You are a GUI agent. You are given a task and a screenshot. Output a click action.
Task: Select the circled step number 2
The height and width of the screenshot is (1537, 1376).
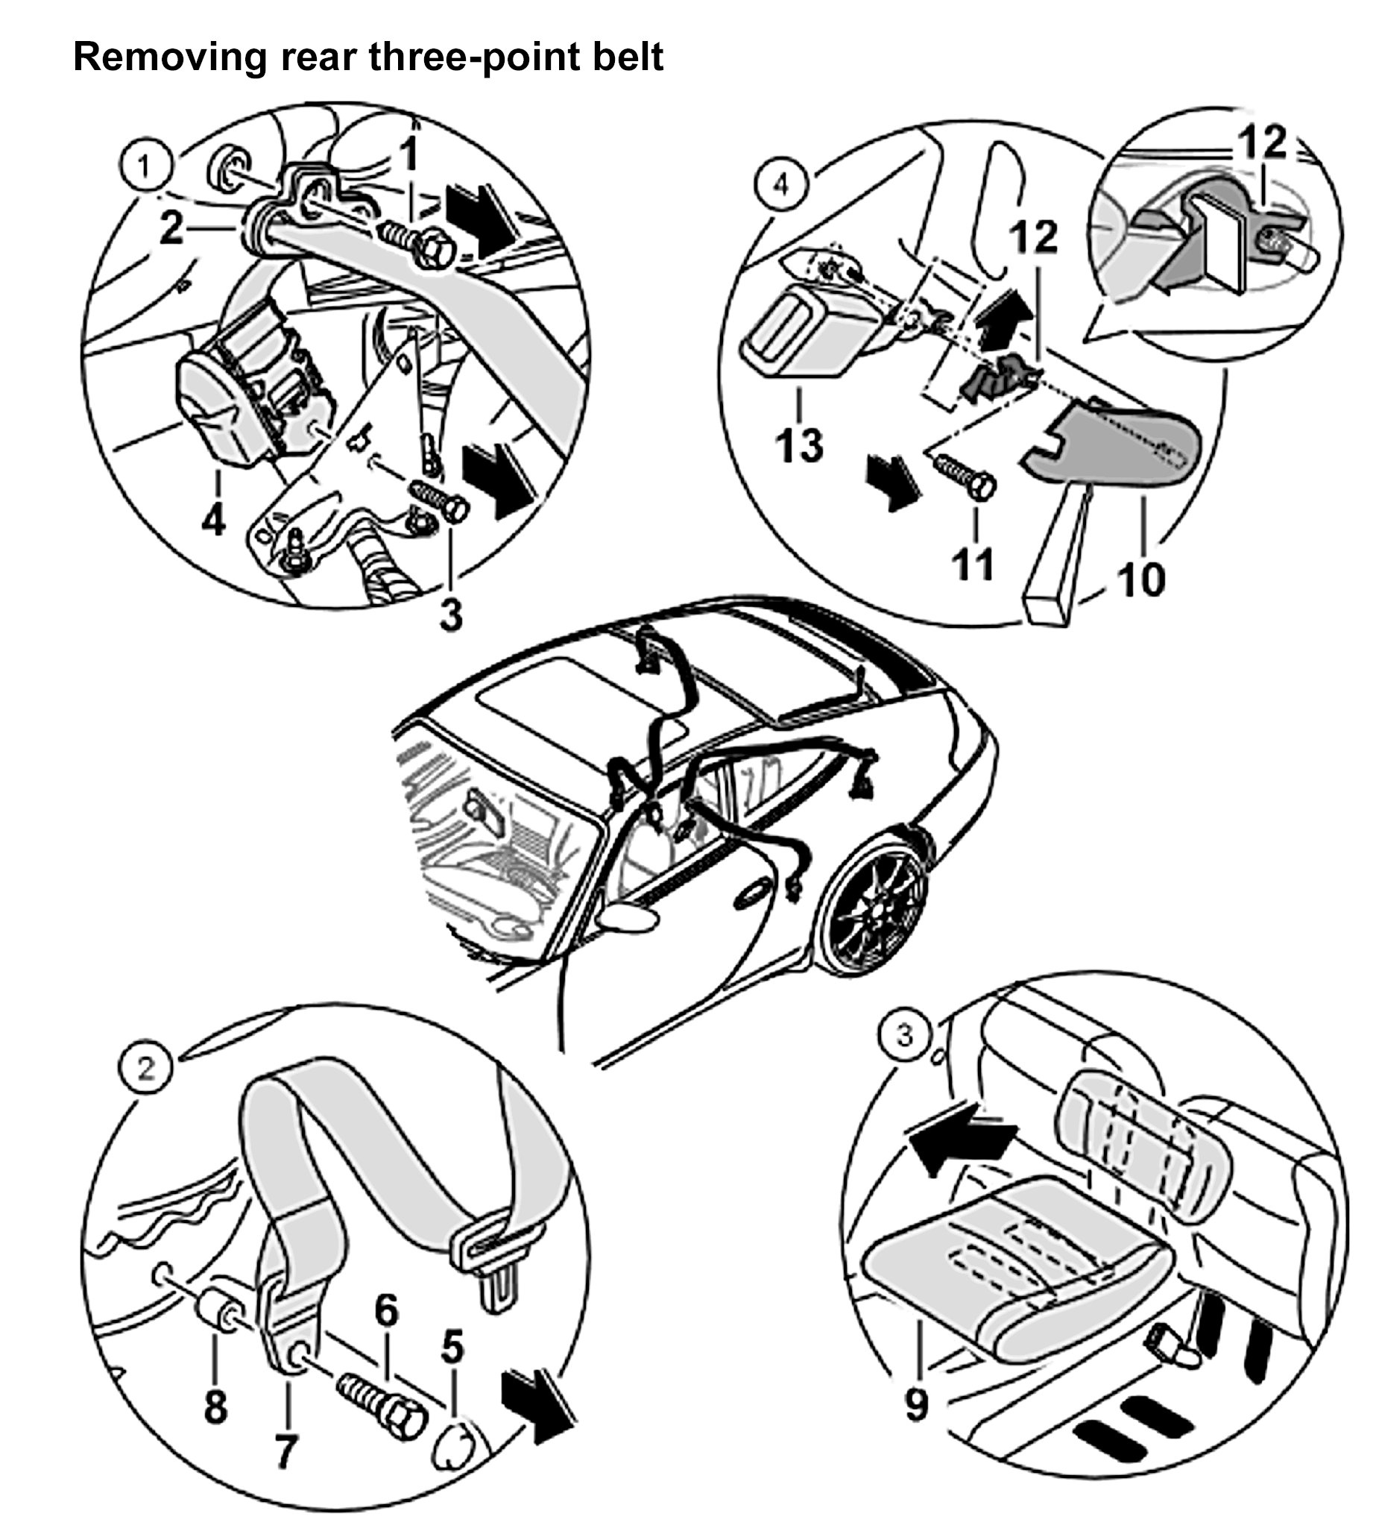pos(145,1068)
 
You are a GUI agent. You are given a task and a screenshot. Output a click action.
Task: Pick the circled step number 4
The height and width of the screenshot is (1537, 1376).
pos(781,184)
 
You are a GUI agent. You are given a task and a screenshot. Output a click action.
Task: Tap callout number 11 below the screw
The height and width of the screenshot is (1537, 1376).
pos(972,564)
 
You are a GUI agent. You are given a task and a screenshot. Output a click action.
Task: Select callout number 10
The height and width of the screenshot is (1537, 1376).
pos(1140,579)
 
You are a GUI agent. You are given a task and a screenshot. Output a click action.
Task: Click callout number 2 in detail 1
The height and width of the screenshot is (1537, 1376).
pos(171,227)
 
